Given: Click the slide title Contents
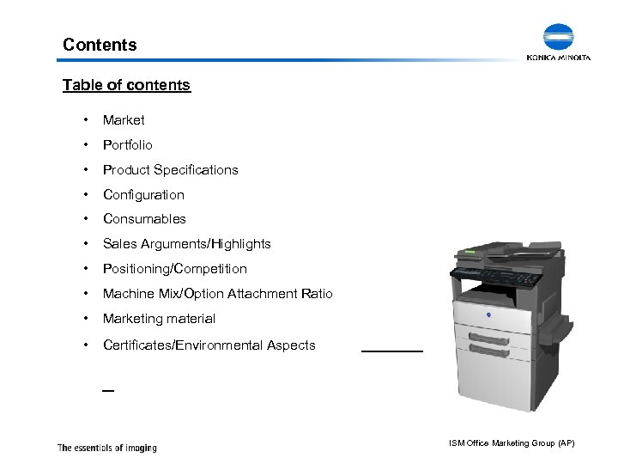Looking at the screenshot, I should [x=100, y=44].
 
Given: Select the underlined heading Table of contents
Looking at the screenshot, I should [x=126, y=85].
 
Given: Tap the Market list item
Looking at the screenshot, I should [x=124, y=120].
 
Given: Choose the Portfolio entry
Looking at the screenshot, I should [x=128, y=145].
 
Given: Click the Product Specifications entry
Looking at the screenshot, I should [x=170, y=170].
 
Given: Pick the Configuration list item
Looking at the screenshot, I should [x=143, y=195].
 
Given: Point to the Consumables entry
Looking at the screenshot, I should [x=144, y=219].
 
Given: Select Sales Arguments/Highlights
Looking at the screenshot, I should [x=186, y=244].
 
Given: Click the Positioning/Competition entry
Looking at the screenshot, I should [x=174, y=269].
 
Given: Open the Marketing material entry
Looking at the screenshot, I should [x=159, y=319].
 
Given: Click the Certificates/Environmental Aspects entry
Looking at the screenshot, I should [x=209, y=345].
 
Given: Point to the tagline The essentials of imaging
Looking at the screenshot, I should [x=106, y=447].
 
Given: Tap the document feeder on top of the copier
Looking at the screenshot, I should [x=502, y=252].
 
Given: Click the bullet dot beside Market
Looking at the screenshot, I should [x=86, y=120].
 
